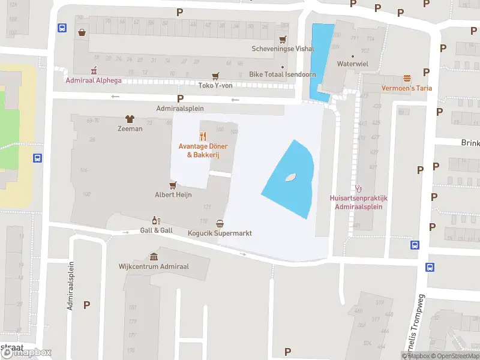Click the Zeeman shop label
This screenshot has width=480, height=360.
(x=130, y=128)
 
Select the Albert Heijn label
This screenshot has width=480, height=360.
(x=173, y=195)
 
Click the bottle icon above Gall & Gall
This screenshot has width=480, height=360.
(x=156, y=221)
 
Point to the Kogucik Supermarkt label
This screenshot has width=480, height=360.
(x=220, y=233)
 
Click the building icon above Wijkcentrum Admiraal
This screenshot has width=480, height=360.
(x=154, y=257)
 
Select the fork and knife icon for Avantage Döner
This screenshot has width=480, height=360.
(x=203, y=136)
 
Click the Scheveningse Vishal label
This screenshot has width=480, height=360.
(x=274, y=49)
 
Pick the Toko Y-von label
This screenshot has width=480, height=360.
(x=215, y=85)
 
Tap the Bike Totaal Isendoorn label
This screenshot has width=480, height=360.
(x=282, y=75)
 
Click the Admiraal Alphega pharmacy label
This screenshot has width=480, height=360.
(x=93, y=80)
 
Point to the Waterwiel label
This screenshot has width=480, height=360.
(x=352, y=63)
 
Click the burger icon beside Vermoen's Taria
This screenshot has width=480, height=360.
(x=407, y=79)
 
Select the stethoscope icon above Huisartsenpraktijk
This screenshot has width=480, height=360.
(x=359, y=188)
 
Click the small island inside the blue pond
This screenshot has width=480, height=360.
(x=290, y=178)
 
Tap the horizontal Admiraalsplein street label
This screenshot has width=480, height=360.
(x=180, y=109)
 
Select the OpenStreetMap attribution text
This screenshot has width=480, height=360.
(x=457, y=356)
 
